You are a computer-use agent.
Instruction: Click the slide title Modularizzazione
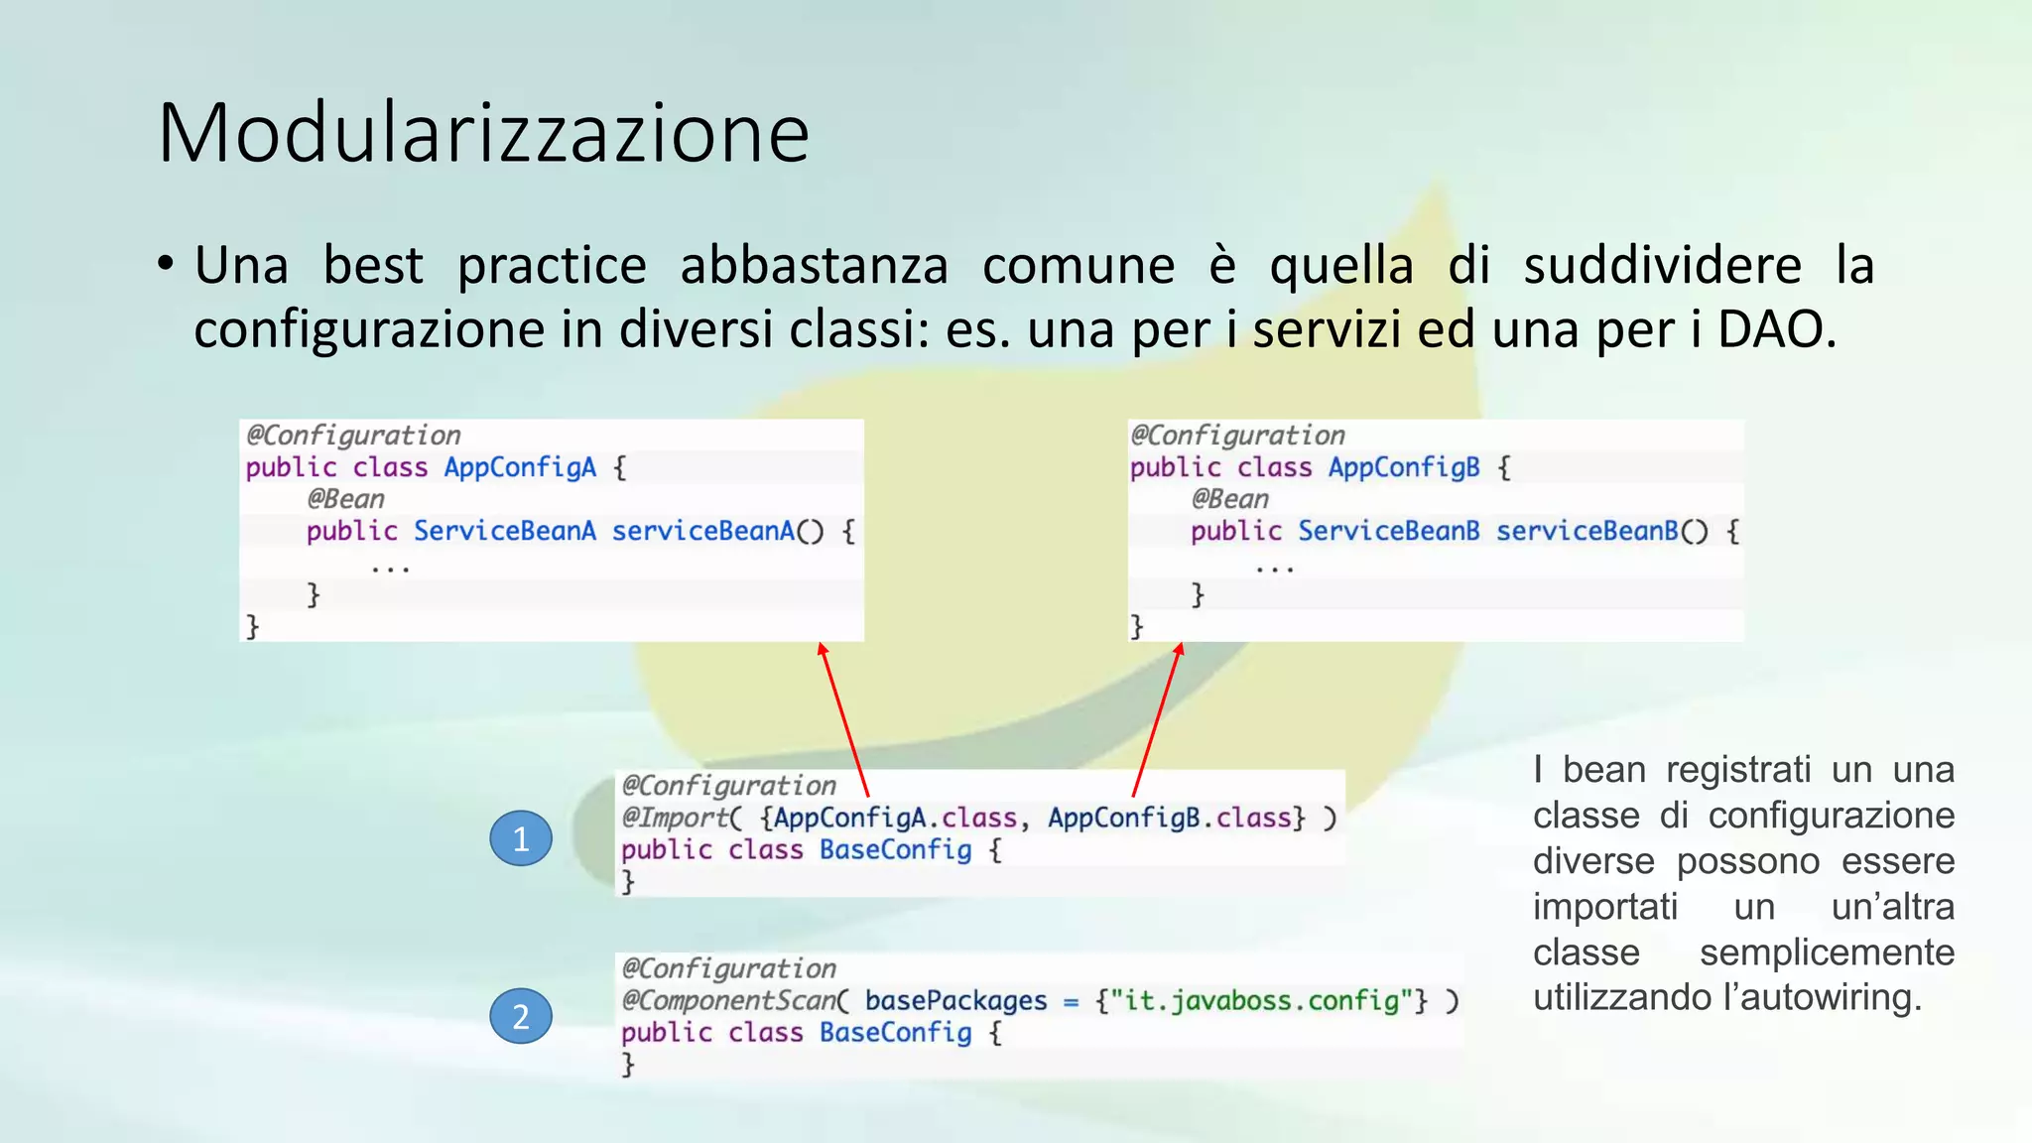click(483, 133)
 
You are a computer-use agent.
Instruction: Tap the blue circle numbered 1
click(521, 839)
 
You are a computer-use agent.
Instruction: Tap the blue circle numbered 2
click(521, 1016)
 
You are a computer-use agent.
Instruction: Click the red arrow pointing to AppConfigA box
click(843, 719)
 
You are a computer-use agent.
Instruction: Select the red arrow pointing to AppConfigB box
click(1157, 719)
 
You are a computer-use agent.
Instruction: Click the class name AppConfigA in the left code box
click(520, 467)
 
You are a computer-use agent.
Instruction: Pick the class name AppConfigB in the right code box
click(1404, 467)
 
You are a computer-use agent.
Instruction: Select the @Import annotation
click(676, 818)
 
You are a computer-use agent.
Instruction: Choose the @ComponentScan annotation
click(729, 1000)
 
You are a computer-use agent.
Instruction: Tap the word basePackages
click(955, 1000)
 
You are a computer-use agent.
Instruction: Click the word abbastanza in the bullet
click(814, 266)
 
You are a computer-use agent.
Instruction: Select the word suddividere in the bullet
click(1662, 266)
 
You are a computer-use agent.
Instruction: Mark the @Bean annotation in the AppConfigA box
click(345, 499)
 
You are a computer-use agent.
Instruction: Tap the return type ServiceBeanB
click(1388, 531)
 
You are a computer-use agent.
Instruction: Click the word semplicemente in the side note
click(1827, 952)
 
